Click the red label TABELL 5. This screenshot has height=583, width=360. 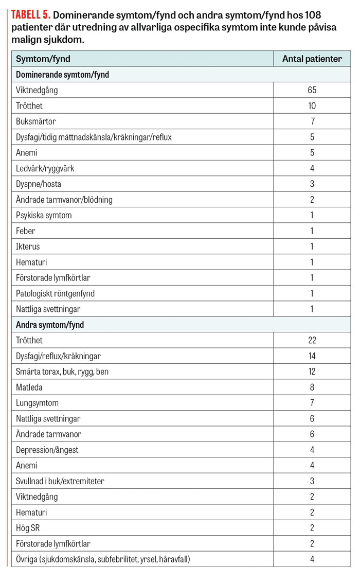(31, 15)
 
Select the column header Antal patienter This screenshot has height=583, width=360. (312, 59)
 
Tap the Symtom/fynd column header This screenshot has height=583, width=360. (43, 59)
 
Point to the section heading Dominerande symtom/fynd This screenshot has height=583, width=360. (62, 75)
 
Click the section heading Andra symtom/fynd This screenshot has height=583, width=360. (50, 325)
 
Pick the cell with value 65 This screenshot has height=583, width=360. (312, 90)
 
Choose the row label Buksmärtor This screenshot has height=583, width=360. (35, 121)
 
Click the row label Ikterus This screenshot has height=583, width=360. (28, 246)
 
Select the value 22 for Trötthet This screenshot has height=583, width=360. (312, 340)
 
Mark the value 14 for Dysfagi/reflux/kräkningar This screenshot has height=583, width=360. (312, 356)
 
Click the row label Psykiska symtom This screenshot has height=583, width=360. (44, 215)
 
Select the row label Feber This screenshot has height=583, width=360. (26, 231)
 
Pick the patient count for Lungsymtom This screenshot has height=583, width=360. (312, 403)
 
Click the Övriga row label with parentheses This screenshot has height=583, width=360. (103, 559)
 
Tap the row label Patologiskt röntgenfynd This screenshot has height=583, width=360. (55, 293)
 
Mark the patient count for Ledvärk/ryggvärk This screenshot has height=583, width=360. (312, 168)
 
